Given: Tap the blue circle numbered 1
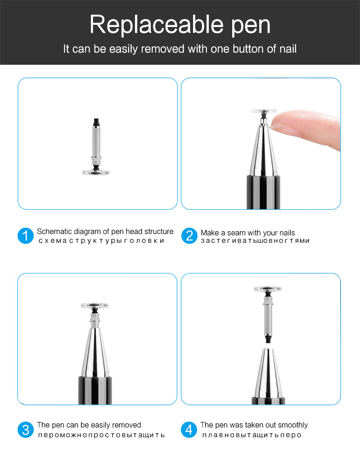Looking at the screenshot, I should [x=26, y=236].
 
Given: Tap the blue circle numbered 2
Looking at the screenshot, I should [x=189, y=236].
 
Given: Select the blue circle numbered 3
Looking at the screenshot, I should [x=26, y=429].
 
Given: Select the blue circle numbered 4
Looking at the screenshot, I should [x=189, y=429].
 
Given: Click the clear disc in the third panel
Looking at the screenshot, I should [x=94, y=305].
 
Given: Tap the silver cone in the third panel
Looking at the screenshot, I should [x=95, y=351].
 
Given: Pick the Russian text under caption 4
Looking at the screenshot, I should [x=252, y=435].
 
